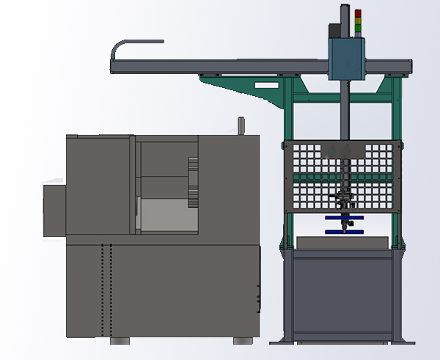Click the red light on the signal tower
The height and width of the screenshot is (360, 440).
(x=358, y=13)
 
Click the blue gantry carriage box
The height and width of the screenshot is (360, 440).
(x=346, y=58)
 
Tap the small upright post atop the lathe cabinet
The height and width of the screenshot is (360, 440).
(x=240, y=125)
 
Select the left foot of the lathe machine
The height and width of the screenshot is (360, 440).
(x=120, y=341)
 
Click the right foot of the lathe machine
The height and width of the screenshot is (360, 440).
(x=241, y=341)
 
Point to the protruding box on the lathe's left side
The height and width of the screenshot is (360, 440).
(x=54, y=210)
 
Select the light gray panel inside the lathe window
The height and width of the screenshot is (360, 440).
(x=166, y=216)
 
